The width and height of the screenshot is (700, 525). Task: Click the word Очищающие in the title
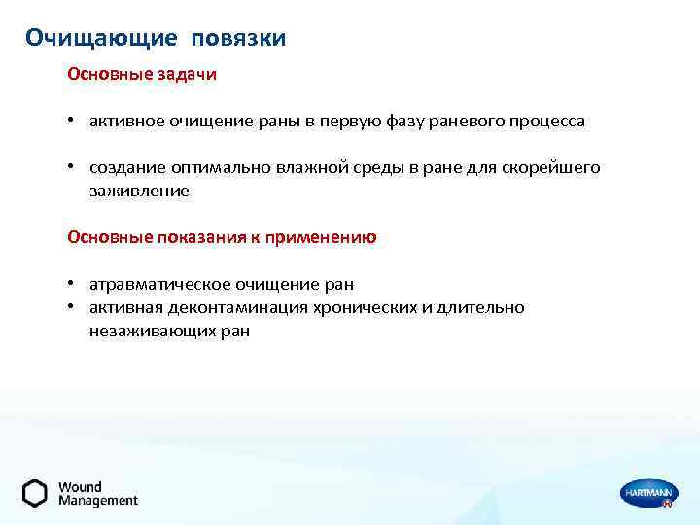(x=101, y=38)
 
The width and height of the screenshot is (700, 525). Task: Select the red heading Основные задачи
(x=142, y=74)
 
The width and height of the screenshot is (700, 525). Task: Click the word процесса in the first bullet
(x=548, y=122)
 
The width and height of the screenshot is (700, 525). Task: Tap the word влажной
(x=341, y=168)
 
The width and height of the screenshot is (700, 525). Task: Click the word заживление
(x=139, y=192)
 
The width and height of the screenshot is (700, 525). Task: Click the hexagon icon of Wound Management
(x=35, y=493)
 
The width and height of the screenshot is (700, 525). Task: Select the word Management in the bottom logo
(x=98, y=501)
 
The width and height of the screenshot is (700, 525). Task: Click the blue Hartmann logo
(x=647, y=494)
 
